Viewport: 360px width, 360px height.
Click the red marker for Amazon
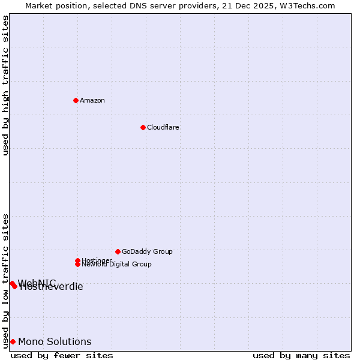click(x=76, y=100)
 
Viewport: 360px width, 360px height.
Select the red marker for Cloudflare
click(x=143, y=127)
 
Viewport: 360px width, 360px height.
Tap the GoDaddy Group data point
click(x=118, y=251)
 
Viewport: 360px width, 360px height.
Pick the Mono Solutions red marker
click(x=13, y=341)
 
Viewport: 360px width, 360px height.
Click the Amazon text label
click(x=92, y=100)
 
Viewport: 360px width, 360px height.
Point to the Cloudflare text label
click(x=163, y=127)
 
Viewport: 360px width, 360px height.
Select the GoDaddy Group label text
click(x=147, y=251)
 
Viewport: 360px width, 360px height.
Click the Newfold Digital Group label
click(x=116, y=265)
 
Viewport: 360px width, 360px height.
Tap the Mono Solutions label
click(x=55, y=341)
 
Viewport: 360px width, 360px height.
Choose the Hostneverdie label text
click(x=52, y=287)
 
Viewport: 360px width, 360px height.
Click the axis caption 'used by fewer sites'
click(x=62, y=355)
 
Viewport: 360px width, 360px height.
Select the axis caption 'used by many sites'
click(x=301, y=355)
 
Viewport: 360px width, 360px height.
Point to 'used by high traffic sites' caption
click(x=5, y=85)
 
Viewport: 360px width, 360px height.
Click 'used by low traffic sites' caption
click(x=5, y=280)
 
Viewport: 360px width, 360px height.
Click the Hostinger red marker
click(x=77, y=260)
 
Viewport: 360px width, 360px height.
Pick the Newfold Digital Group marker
click(x=77, y=264)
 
